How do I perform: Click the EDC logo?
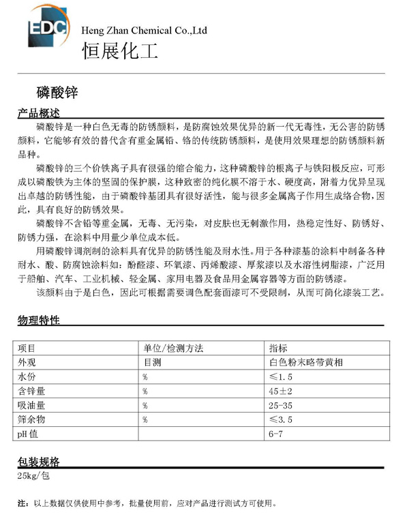click(47, 29)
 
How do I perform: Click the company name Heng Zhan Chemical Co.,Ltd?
click(143, 31)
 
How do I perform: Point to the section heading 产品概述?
click(40, 113)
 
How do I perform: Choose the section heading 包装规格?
click(39, 461)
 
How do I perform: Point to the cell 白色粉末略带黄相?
click(306, 362)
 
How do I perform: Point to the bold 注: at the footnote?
click(22, 504)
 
